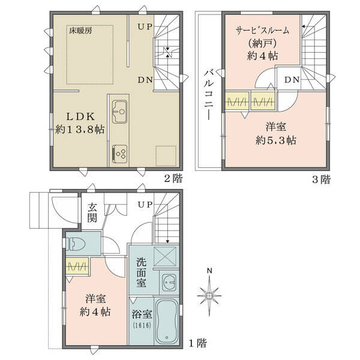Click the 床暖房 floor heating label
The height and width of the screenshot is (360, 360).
point(80,31)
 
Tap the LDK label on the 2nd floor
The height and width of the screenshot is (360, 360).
point(80,117)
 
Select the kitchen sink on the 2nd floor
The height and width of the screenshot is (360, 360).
point(119,112)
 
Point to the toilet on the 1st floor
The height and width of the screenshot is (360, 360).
point(76,244)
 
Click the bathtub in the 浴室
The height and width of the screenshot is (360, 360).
point(167,321)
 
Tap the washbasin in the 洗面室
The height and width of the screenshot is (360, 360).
point(169,282)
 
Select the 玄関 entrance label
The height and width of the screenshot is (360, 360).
point(92,213)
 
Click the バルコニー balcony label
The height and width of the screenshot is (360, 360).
point(209,95)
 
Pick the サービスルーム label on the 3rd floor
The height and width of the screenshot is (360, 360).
point(262,31)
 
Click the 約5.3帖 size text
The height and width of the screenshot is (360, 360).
point(276,140)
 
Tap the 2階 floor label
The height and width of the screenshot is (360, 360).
point(173,178)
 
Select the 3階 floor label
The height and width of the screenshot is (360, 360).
point(321,179)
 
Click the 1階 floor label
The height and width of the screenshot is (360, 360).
point(197,343)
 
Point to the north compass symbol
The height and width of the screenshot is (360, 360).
point(209,293)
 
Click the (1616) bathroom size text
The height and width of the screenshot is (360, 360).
point(142,325)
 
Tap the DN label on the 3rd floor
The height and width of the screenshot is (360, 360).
point(292,80)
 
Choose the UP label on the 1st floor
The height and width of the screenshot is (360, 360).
point(145,205)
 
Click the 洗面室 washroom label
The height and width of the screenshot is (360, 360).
point(141,272)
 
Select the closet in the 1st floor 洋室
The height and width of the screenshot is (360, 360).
point(77,266)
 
